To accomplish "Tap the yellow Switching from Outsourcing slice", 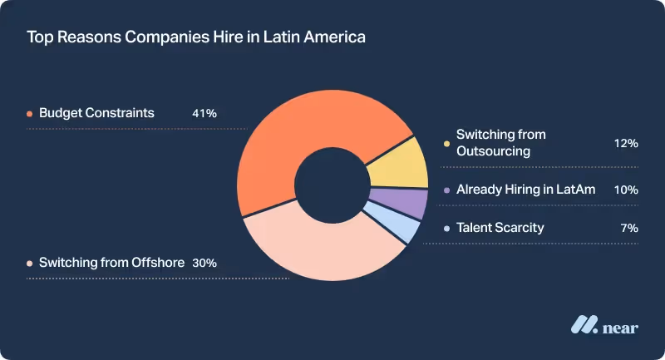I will pyautogui.click(x=397, y=165).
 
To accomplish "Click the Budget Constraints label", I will pyautogui.click(x=96, y=113).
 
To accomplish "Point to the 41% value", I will pyautogui.click(x=204, y=113).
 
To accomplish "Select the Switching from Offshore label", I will pyautogui.click(x=111, y=262).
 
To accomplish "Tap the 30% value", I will pyautogui.click(x=204, y=262).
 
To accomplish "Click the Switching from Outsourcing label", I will pyautogui.click(x=500, y=142).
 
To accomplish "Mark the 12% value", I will pyautogui.click(x=625, y=144).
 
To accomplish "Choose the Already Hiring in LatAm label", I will pyautogui.click(x=525, y=190).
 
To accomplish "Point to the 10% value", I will pyautogui.click(x=625, y=190).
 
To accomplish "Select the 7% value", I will pyautogui.click(x=628, y=227).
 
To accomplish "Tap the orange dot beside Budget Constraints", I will pyautogui.click(x=30, y=114).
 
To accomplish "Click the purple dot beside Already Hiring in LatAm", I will pyautogui.click(x=447, y=190).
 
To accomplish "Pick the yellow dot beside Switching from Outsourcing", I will pyautogui.click(x=447, y=144).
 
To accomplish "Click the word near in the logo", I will pyautogui.click(x=621, y=328).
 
